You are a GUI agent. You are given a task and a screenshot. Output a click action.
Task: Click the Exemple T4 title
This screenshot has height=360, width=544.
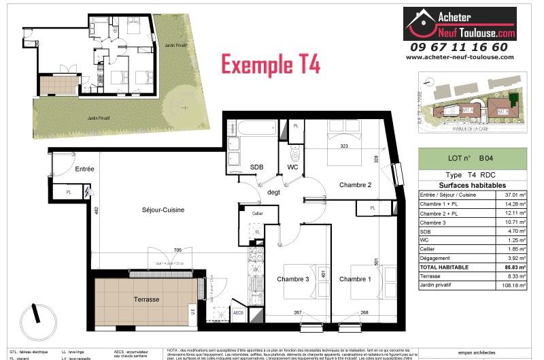tap(271, 65)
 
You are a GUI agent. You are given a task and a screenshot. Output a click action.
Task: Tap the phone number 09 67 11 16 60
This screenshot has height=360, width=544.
tap(458, 47)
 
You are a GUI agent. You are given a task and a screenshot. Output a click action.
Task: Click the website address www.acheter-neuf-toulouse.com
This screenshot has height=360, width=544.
tap(460, 57)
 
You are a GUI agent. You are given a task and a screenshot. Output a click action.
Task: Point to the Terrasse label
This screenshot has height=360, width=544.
tap(146, 299)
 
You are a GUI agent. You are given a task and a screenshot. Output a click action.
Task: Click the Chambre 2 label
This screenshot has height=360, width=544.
tap(356, 185)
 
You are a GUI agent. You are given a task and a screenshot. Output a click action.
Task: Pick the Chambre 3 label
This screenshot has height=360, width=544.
tap(293, 279)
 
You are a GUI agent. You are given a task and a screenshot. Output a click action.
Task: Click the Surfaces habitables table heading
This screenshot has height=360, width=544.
tap(472, 185)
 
